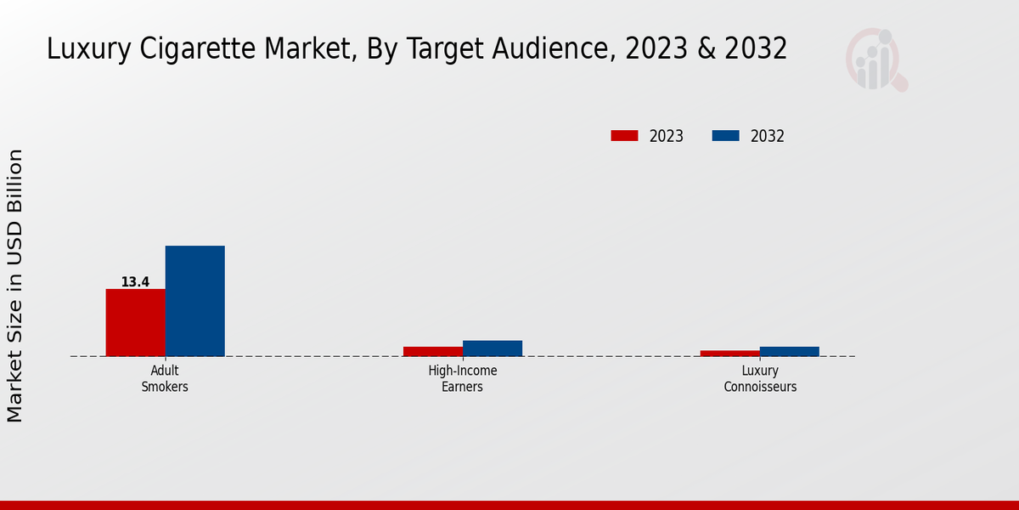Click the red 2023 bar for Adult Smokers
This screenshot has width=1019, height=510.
click(x=135, y=322)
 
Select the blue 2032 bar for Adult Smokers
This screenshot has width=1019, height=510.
click(x=194, y=301)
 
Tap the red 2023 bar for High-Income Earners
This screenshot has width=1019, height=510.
click(x=433, y=351)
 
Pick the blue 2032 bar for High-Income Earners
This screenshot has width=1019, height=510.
click(x=493, y=348)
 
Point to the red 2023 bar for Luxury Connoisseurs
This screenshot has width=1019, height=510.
click(x=730, y=353)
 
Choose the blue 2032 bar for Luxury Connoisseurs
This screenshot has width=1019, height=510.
click(x=790, y=351)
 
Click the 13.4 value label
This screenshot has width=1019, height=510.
click(x=135, y=282)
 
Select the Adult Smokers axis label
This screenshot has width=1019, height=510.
click(x=165, y=378)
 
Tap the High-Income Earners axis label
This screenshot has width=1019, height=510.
click(x=463, y=378)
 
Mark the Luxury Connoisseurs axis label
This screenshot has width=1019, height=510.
click(x=760, y=378)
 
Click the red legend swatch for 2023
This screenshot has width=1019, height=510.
click(x=624, y=136)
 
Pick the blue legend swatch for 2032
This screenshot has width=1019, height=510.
click(x=725, y=136)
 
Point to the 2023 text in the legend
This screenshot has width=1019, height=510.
click(x=667, y=136)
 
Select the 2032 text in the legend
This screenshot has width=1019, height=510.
click(x=768, y=136)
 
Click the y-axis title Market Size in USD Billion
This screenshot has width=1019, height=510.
click(x=15, y=285)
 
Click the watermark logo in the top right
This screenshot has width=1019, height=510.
click(x=875, y=59)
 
